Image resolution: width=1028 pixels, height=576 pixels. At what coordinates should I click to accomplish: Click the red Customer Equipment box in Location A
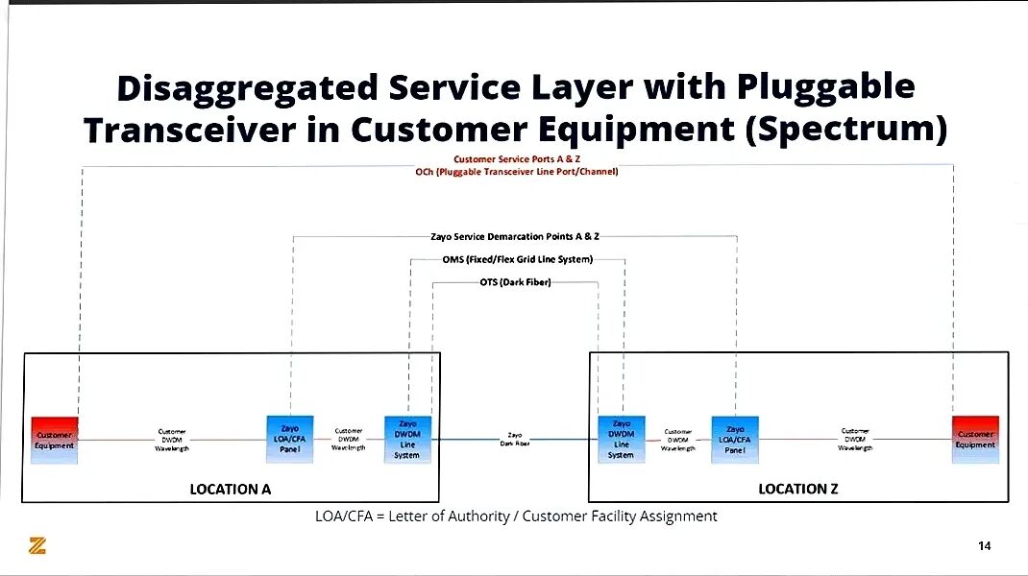[54, 440]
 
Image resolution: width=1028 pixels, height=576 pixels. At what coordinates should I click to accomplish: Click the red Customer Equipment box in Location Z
[975, 439]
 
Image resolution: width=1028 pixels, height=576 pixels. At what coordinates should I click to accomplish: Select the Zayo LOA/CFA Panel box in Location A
[290, 439]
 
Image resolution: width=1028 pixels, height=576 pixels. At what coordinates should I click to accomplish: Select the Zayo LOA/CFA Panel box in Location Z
[735, 439]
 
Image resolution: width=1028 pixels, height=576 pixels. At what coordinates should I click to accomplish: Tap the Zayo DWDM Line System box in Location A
[407, 440]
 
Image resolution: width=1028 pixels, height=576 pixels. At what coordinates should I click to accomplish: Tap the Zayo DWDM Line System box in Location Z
[622, 439]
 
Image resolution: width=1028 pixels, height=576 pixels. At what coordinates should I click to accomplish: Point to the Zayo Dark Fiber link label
[515, 440]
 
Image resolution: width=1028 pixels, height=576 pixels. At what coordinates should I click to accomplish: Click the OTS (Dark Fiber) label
[515, 282]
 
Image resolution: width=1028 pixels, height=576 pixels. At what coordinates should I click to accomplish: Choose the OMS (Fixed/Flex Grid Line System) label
[517, 259]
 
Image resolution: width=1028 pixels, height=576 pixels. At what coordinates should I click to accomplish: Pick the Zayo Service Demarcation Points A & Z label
[515, 235]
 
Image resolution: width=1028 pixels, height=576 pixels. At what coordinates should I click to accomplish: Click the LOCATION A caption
[231, 489]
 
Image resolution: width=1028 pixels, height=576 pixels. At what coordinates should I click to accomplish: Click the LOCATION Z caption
[798, 489]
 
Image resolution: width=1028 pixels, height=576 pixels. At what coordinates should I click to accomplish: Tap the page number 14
[984, 546]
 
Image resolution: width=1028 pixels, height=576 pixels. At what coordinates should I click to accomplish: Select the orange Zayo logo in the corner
[37, 545]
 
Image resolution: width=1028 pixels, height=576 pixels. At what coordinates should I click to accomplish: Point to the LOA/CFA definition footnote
[516, 516]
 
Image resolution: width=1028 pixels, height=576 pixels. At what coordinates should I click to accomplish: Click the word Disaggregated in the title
[247, 88]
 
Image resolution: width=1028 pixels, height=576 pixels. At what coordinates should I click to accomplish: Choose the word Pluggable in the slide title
[825, 88]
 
